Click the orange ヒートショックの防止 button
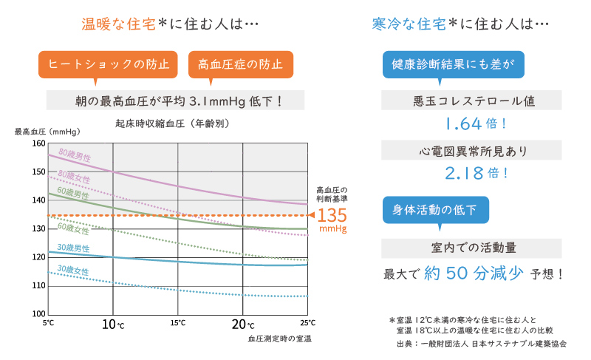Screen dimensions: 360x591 (x=109, y=64)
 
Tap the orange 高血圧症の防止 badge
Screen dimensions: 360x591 (x=241, y=64)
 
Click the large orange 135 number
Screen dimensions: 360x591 (x=332, y=215)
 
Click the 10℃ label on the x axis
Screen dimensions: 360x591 (x=112, y=324)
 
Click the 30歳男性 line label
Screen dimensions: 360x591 (x=73, y=248)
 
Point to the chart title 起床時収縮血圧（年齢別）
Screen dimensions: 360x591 (x=168, y=123)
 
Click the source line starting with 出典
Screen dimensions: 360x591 (x=481, y=344)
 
